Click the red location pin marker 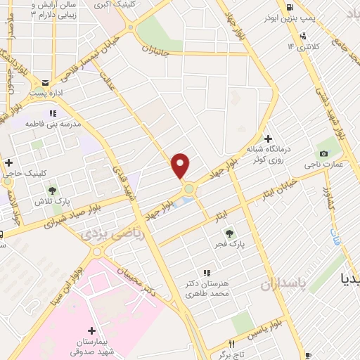tap(181, 166)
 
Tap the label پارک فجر tap(229, 245)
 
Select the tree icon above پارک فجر tap(229, 233)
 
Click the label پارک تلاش tap(51, 201)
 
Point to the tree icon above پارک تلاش tap(51, 189)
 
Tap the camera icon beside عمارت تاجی tap(323, 153)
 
